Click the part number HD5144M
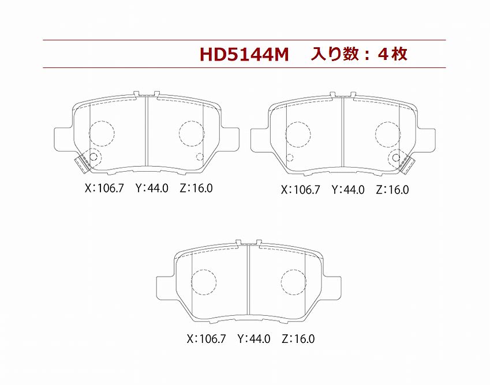coord(244,55)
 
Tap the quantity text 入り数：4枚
coord(359,54)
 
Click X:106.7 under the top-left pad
coord(104,188)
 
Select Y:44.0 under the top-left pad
coord(152,188)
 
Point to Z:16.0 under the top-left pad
coord(196,188)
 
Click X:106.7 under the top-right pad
coord(301,190)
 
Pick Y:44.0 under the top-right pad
coord(348,190)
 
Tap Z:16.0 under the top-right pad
coord(392,190)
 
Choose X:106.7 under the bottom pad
coord(206,338)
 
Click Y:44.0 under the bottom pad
coord(254,338)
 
